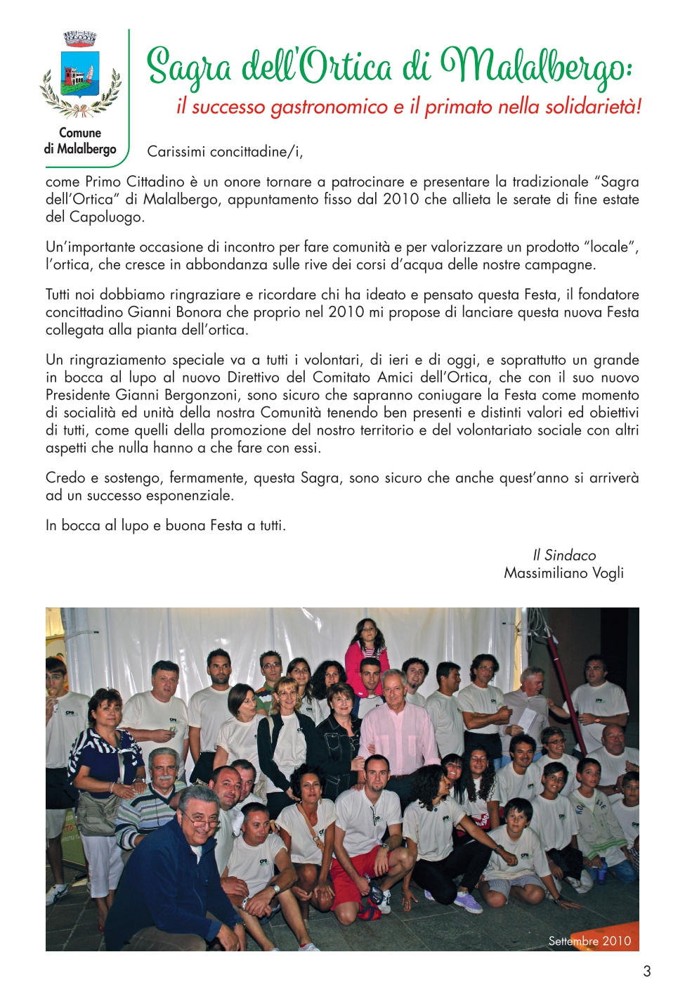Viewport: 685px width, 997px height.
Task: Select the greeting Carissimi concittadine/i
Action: tap(225, 152)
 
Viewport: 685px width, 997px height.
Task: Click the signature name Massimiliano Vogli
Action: tap(563, 573)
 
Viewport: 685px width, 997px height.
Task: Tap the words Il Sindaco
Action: tap(563, 555)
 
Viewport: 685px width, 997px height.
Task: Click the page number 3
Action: tap(646, 971)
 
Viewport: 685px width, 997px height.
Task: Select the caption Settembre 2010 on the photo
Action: tap(589, 941)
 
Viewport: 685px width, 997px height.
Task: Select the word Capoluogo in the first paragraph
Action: tap(106, 217)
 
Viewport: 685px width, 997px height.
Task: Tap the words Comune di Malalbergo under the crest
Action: tap(80, 141)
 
